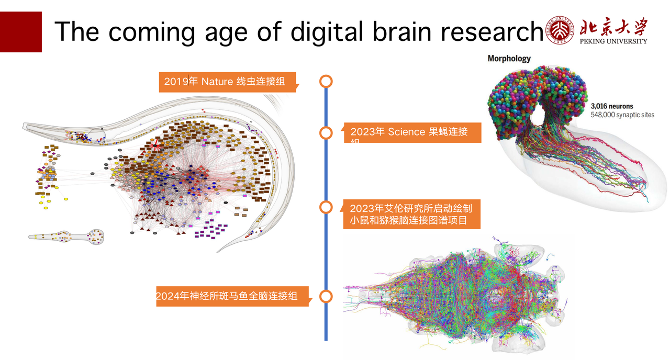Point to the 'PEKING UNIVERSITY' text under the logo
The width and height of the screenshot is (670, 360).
coord(613,41)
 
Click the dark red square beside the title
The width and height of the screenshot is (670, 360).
coord(20,32)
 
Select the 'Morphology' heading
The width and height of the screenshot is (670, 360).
coord(509,59)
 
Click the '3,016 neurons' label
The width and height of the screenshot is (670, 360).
coord(611,106)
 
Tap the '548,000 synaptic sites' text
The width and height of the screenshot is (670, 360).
coord(622,115)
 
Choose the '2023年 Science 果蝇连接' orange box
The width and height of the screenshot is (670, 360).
coord(410,132)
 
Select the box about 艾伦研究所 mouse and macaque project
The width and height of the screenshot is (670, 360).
coord(410,214)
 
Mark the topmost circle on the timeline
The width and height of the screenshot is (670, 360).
coord(326,81)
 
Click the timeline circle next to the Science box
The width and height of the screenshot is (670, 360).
coord(326,133)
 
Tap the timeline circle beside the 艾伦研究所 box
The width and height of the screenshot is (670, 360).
coord(326,207)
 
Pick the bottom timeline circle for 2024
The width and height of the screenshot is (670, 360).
coord(326,297)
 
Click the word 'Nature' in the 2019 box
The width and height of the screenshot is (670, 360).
coord(217,82)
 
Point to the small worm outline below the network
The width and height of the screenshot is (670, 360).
coord(67,237)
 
